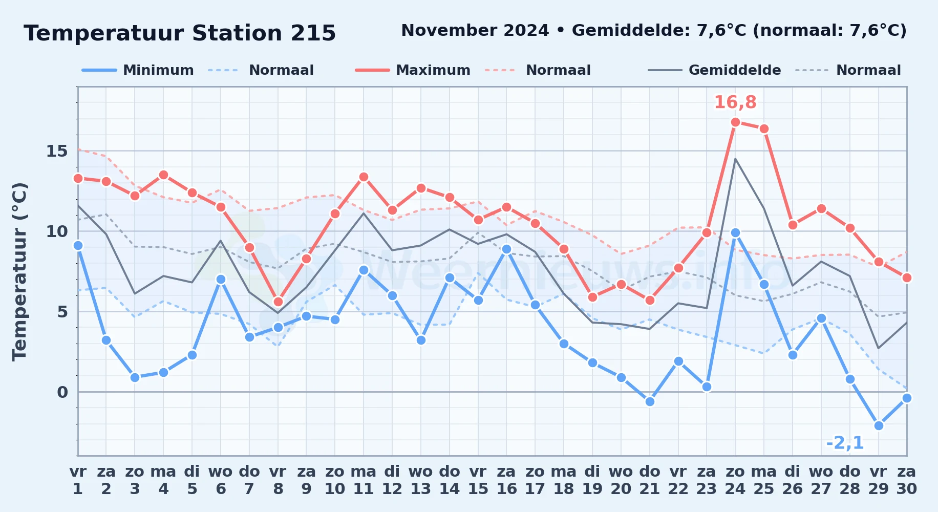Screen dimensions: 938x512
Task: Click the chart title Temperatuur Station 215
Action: tap(180, 33)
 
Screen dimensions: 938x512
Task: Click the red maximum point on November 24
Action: tap(735, 122)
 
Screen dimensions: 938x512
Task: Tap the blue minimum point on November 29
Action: tap(879, 425)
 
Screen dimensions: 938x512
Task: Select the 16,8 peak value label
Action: tap(735, 102)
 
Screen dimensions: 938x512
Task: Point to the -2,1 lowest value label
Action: tap(845, 443)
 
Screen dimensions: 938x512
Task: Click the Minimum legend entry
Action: tap(138, 70)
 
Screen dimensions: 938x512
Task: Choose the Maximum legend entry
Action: tap(413, 70)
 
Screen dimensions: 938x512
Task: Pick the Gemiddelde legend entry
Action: tap(714, 70)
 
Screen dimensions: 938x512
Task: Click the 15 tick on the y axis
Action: tap(57, 151)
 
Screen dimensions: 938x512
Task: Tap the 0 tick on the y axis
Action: tap(62, 392)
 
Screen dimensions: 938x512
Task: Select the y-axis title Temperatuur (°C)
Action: tap(19, 271)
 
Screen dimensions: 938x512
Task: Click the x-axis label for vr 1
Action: tap(78, 480)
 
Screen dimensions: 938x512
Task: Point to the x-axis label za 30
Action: tap(907, 480)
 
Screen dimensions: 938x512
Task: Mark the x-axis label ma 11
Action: tap(364, 480)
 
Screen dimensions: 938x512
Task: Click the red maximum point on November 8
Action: tap(278, 302)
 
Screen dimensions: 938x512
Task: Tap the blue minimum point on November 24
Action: tap(735, 232)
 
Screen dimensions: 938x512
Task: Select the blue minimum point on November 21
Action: tap(650, 401)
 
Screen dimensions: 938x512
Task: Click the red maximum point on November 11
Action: tap(364, 177)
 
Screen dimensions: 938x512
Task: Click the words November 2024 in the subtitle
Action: tap(475, 31)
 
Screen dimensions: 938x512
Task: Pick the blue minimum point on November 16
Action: tap(506, 249)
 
